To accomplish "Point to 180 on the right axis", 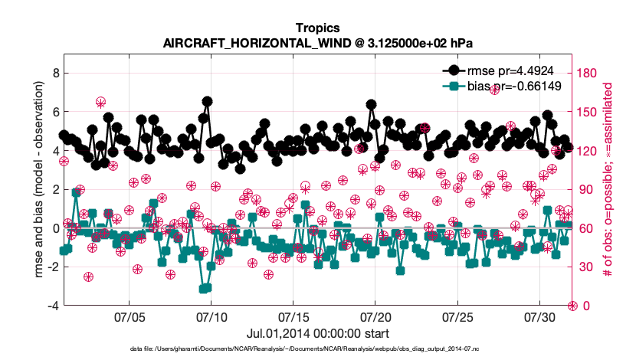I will tap(588, 73).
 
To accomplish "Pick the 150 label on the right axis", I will tap(588, 112).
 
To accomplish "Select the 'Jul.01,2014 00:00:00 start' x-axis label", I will tap(317, 334).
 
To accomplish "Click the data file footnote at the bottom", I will tap(317, 349).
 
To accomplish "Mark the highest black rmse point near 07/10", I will tap(207, 101).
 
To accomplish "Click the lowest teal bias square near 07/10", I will tap(204, 289).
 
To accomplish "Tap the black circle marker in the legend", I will tap(454, 71).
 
